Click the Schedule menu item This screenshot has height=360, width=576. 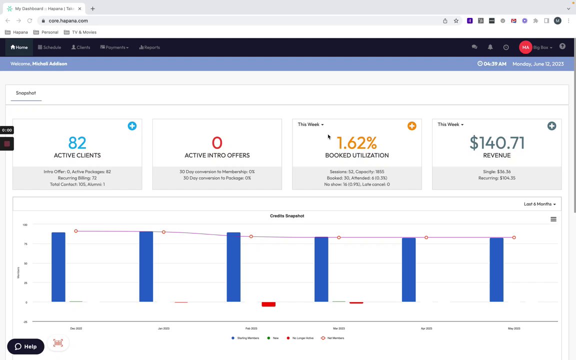(49, 47)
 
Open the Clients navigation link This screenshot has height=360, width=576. (81, 47)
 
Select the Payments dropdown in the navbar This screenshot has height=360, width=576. (114, 47)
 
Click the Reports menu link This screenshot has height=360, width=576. (149, 47)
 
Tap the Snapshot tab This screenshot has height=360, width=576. (26, 93)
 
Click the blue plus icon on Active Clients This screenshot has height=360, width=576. (132, 126)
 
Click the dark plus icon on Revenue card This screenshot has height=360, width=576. (551, 126)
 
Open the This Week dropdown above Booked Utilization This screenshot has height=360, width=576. (310, 124)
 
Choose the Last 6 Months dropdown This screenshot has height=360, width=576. (539, 204)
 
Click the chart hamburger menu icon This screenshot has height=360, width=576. (553, 219)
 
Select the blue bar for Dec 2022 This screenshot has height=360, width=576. (58, 267)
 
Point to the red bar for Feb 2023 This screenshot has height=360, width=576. (268, 304)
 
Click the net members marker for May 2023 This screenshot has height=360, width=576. (514, 237)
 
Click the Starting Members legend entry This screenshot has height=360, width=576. (245, 338)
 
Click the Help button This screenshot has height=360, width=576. (26, 346)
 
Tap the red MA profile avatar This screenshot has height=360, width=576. (525, 47)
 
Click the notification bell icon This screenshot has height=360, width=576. (490, 47)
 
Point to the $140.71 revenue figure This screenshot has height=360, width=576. (497, 143)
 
